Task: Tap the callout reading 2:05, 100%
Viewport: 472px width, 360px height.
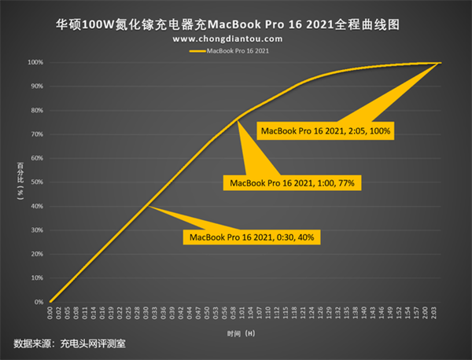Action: (326, 130)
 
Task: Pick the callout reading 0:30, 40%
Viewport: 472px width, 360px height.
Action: (253, 237)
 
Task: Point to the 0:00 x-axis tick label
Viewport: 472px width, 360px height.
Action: (50, 314)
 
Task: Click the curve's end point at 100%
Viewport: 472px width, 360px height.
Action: (440, 62)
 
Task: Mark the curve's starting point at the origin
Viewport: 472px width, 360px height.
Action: (50, 302)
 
